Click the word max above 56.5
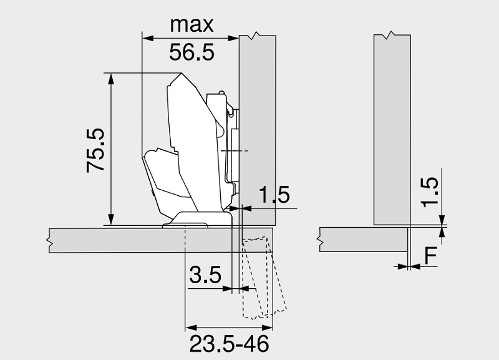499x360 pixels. pyautogui.click(x=191, y=24)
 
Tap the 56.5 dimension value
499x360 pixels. pyautogui.click(x=191, y=52)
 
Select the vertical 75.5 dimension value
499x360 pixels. pyautogui.click(x=95, y=150)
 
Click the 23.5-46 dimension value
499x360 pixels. pyautogui.click(x=229, y=344)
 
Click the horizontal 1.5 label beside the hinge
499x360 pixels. pyautogui.click(x=274, y=195)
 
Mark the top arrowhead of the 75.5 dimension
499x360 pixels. pyautogui.click(x=111, y=79)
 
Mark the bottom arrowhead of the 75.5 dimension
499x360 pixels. pyautogui.click(x=111, y=220)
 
